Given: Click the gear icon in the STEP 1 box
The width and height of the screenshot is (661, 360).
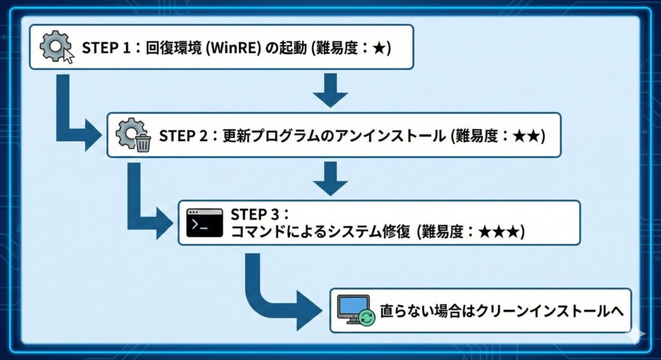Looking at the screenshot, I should (x=54, y=46).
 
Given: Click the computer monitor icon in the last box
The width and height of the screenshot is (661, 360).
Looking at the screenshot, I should (x=354, y=309).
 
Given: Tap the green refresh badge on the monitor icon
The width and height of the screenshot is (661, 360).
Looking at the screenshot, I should (x=367, y=318).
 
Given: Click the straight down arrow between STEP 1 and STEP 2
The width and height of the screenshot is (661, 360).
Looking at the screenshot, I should (x=330, y=90).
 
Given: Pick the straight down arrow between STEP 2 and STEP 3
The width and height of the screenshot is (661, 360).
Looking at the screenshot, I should (x=330, y=177).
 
